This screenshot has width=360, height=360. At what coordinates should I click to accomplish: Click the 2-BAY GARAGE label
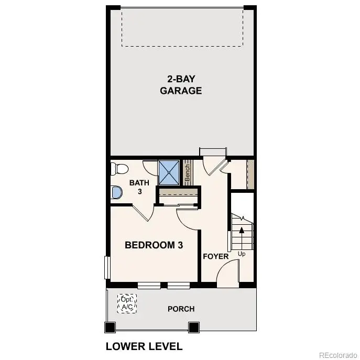[x=181, y=84]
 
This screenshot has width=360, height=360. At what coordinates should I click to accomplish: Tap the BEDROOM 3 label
[x=154, y=245]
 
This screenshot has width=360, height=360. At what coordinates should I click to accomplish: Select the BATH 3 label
[x=139, y=187]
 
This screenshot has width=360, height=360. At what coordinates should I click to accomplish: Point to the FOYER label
[x=216, y=256]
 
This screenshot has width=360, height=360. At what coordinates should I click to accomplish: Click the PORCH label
[x=181, y=309]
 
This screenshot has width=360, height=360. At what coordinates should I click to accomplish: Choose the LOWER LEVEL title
[x=144, y=346]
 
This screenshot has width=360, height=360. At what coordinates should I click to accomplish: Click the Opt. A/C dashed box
[x=127, y=303]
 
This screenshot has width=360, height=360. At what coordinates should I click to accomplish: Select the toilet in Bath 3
[x=119, y=169]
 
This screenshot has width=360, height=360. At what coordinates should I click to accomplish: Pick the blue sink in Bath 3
[x=117, y=193]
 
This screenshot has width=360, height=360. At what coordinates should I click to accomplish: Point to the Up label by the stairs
[x=242, y=254]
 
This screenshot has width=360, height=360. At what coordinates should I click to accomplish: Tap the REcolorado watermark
[x=337, y=353]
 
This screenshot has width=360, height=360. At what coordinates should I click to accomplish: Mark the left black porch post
[x=110, y=328]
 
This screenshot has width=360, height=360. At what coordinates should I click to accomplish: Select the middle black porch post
[x=194, y=328]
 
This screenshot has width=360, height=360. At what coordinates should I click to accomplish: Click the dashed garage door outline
[x=183, y=27]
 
